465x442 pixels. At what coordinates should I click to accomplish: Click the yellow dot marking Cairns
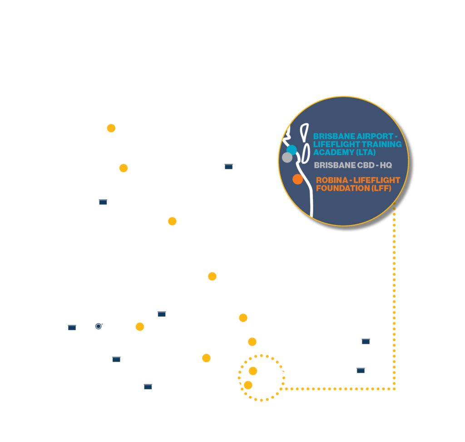(111, 128)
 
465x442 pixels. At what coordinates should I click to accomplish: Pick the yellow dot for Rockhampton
(212, 276)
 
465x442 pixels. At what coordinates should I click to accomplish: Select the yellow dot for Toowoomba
(206, 358)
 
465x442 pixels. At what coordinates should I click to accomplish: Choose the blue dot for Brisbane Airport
(292, 150)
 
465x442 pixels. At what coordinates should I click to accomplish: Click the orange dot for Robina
(297, 179)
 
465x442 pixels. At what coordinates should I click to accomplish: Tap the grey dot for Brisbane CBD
(287, 157)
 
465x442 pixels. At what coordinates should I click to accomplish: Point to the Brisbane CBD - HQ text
(352, 166)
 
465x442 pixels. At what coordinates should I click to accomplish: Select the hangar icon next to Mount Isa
(103, 201)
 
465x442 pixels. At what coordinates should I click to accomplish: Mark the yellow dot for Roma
(140, 327)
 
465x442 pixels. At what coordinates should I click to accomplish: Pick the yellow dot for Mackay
(172, 221)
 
